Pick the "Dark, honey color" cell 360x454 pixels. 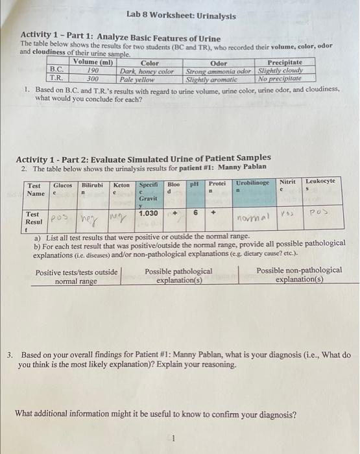147,71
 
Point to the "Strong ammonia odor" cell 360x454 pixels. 219,71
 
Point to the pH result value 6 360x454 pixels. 195,212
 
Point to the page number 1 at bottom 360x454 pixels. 173,439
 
